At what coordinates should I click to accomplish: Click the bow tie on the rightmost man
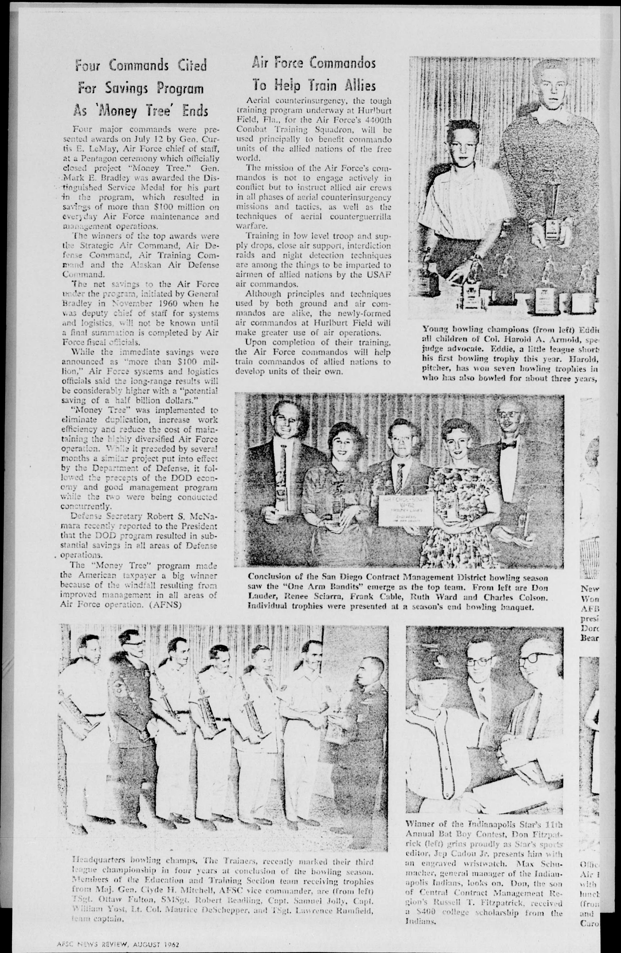[x=509, y=444]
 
